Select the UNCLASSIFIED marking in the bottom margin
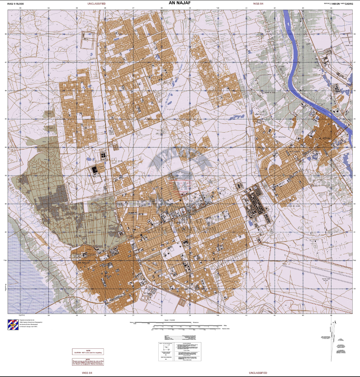[x=258, y=373]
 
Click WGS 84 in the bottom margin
[x=87, y=373]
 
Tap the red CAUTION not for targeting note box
[x=88, y=351]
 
